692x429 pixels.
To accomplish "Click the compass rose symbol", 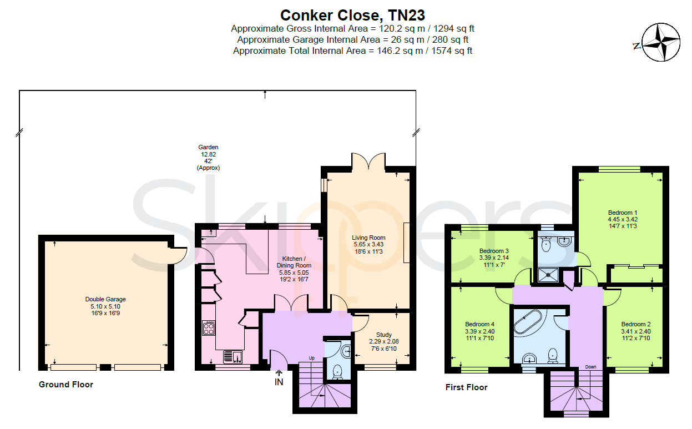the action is [x=661, y=42].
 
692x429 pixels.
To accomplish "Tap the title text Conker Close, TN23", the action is [x=352, y=15].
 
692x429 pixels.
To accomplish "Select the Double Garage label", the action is [x=105, y=306].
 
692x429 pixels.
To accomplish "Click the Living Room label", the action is [x=368, y=244].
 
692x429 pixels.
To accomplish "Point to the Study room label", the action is [x=384, y=342].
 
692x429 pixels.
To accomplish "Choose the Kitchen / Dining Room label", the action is [x=294, y=269].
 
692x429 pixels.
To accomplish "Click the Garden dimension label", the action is [x=208, y=158].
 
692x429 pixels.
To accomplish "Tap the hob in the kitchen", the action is [x=209, y=328].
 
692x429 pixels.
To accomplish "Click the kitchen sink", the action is [x=233, y=357].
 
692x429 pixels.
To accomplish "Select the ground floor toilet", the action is [x=337, y=372].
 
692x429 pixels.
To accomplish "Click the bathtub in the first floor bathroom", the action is [x=528, y=321].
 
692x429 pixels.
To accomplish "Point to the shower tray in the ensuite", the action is [x=548, y=275].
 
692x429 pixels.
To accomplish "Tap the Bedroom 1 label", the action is [x=623, y=219].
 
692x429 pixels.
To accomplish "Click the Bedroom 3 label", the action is [x=494, y=258].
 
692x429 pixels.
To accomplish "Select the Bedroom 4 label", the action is [x=480, y=331].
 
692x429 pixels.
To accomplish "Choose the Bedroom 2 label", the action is [x=636, y=331].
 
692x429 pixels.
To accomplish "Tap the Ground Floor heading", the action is [x=66, y=385].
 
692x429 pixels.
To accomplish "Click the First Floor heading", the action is [x=466, y=387].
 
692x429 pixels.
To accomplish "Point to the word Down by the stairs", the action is [x=590, y=367].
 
